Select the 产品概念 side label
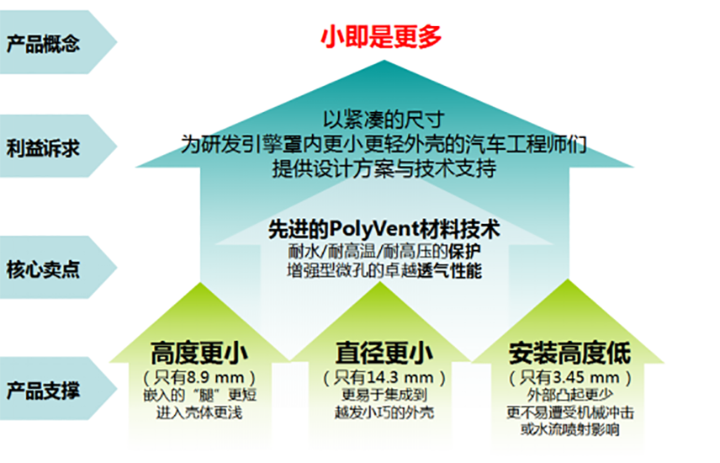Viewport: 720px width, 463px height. [43, 44]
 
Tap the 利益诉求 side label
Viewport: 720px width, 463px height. [43, 148]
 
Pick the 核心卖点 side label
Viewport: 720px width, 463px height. [43, 269]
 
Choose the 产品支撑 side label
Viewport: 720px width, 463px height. [43, 391]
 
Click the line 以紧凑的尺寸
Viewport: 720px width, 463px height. [384, 120]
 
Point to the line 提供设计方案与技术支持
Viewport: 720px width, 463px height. [384, 168]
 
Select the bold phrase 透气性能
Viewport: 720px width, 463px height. [449, 271]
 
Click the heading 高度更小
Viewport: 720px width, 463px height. [199, 353]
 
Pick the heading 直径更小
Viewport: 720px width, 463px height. [384, 353]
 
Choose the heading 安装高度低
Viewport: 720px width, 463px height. [569, 353]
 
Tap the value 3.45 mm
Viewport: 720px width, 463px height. [586, 377]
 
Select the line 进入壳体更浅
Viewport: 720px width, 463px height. [199, 412]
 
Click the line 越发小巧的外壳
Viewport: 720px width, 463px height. [384, 412]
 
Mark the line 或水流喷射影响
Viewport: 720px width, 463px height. [569, 429]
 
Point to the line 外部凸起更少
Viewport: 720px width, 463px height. [569, 395]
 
